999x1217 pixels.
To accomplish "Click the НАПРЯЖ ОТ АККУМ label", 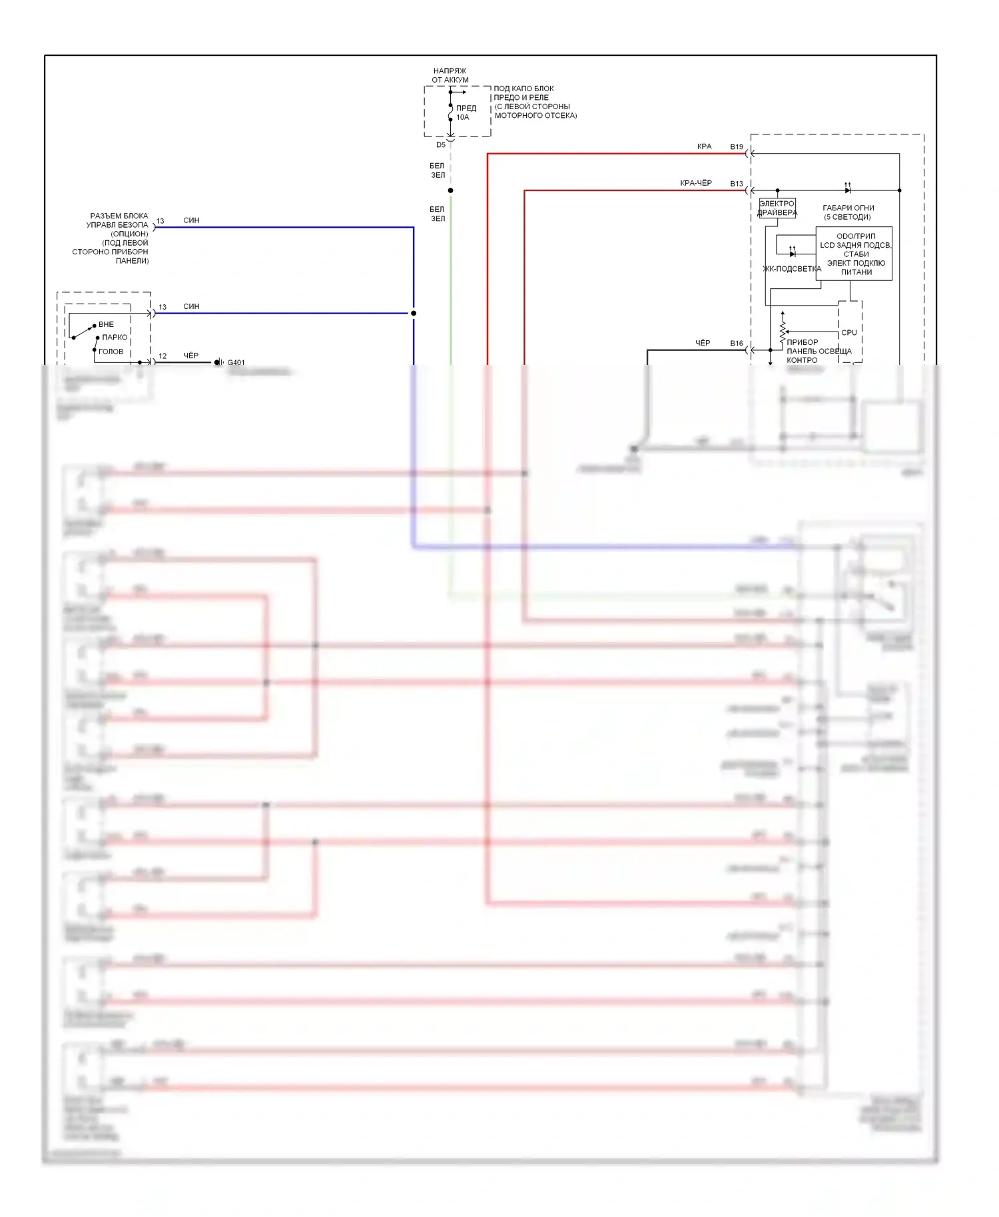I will tap(450, 75).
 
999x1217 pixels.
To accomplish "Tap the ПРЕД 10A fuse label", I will tap(466, 113).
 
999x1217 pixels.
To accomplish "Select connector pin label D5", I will tap(441, 145).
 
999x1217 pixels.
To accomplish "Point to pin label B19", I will tap(736, 147).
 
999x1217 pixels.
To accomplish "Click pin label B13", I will tap(736, 184).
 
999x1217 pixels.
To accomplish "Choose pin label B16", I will tap(736, 344).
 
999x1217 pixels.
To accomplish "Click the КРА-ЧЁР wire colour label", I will tap(695, 183).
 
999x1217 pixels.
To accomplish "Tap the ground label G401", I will tap(236, 363).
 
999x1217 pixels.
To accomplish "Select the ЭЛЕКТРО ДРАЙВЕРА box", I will tap(777, 208).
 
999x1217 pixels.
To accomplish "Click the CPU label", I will tap(849, 333).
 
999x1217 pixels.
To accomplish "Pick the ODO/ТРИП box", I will tap(854, 254).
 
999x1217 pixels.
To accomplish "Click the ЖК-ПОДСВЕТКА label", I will tap(791, 269).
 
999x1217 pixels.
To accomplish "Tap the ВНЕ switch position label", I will tap(107, 325).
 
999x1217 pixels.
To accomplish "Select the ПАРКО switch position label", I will tap(115, 338).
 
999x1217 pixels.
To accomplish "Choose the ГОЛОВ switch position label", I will tap(111, 352).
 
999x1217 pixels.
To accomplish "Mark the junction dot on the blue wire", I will tap(414, 313).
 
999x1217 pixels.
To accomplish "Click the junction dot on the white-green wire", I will tap(451, 190).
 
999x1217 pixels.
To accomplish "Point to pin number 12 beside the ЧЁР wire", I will tap(163, 356).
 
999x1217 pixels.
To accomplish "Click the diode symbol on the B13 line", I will tap(847, 190).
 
